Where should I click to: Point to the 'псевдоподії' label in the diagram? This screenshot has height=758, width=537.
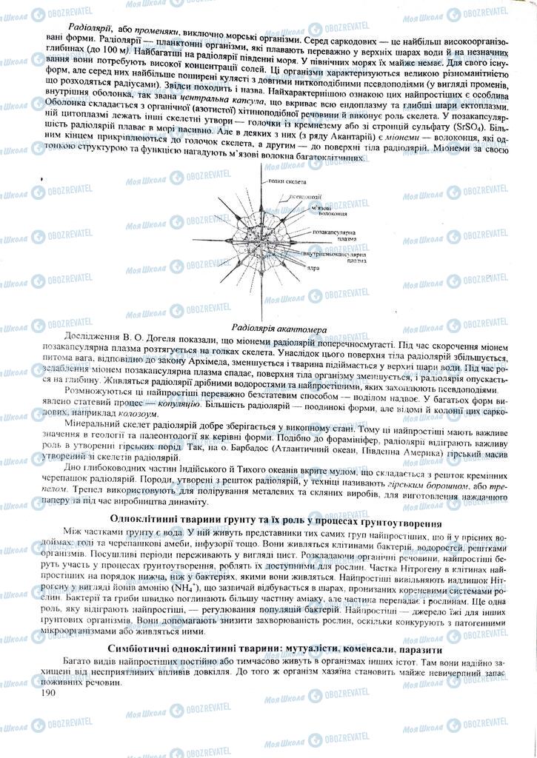pos(306,197)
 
